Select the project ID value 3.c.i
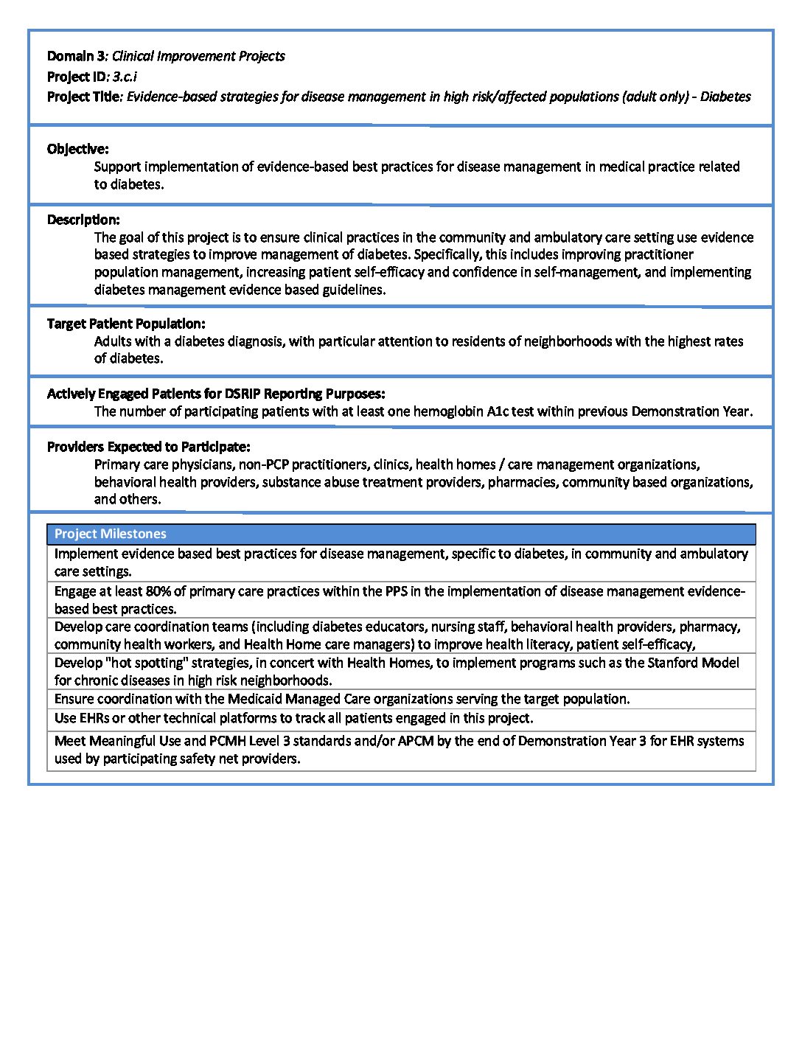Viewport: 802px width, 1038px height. pos(125,76)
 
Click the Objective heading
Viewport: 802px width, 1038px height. pos(77,149)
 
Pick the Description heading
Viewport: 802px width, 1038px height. pos(83,220)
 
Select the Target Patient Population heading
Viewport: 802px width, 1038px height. pos(126,324)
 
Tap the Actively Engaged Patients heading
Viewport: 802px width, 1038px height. pos(215,394)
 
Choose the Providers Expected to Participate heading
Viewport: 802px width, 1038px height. pos(148,447)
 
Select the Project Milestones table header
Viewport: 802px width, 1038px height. pos(111,534)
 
